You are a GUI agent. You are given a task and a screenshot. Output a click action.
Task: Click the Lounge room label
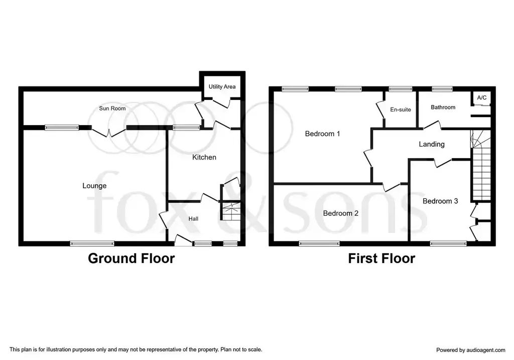point(94,186)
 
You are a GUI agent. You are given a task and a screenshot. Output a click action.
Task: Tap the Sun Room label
point(112,108)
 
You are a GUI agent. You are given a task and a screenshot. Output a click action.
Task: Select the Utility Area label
point(222,86)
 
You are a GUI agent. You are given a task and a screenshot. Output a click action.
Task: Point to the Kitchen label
point(204,157)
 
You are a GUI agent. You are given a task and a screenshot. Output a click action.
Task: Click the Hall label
point(193,219)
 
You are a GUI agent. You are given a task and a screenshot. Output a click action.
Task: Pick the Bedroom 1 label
point(322,134)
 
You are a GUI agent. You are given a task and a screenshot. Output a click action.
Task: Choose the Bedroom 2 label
point(341,213)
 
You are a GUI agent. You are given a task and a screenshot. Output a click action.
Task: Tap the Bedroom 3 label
point(440,201)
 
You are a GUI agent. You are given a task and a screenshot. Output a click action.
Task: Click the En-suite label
point(401,109)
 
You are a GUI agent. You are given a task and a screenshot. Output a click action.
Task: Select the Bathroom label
point(443,107)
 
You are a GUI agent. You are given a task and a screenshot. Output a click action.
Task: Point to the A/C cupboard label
point(482,98)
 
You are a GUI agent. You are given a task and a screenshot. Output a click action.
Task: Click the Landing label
point(432,144)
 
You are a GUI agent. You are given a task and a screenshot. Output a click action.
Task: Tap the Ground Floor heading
point(131,259)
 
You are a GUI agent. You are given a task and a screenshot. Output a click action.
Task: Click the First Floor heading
point(381,259)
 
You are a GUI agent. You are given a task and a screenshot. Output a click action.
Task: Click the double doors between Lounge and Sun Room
point(108,132)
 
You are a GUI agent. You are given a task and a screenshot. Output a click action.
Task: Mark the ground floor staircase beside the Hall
point(231,211)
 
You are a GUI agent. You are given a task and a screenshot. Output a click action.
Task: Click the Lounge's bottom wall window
point(92,244)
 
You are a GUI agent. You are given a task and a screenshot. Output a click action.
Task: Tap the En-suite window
point(400,89)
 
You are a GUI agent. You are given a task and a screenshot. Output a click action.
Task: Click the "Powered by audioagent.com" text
point(471,350)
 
